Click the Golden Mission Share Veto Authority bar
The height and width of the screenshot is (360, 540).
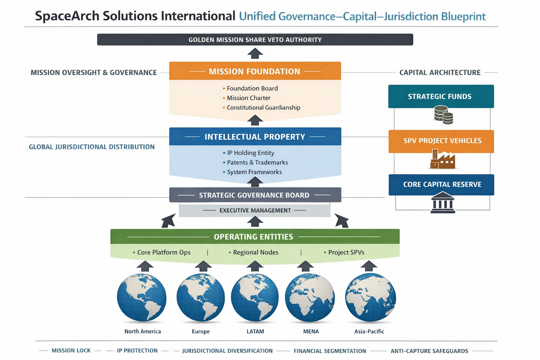255,40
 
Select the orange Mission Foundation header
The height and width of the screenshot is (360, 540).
255,71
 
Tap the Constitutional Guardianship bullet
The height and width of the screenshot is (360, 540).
263,108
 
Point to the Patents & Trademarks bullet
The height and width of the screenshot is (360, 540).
257,162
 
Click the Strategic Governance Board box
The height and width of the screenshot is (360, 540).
255,195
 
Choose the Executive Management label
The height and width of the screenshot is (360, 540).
255,211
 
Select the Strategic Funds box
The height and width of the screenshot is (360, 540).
441,96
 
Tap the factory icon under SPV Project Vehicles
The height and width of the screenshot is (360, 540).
443,160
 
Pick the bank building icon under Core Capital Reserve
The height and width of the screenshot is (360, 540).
443,202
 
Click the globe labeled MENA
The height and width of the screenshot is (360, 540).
310,298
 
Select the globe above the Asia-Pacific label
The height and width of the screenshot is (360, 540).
370,297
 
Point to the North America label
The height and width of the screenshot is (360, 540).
143,332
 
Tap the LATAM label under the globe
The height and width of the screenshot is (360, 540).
255,332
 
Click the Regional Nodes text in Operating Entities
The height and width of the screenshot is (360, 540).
255,252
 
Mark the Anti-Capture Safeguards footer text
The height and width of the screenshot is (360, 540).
429,351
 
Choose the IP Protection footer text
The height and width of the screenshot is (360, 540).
137,351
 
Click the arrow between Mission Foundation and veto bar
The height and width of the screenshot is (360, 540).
255,53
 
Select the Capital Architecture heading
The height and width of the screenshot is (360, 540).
440,72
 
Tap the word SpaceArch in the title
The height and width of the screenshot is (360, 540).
67,16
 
